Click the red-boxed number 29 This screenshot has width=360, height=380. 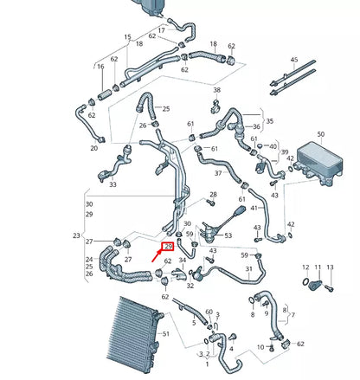pyautogui.click(x=168, y=248)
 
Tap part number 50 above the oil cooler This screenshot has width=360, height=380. pyautogui.click(x=320, y=134)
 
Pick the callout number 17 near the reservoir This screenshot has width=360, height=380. pyautogui.click(x=161, y=30)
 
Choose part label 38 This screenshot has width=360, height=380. pyautogui.click(x=217, y=90)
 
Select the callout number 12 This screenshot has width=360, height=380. pyautogui.click(x=305, y=267)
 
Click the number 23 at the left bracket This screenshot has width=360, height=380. pyautogui.click(x=76, y=235)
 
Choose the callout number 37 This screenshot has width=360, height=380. pyautogui.click(x=218, y=172)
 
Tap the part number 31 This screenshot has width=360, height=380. pyautogui.click(x=249, y=268)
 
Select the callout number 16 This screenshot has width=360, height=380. pyautogui.click(x=101, y=67)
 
